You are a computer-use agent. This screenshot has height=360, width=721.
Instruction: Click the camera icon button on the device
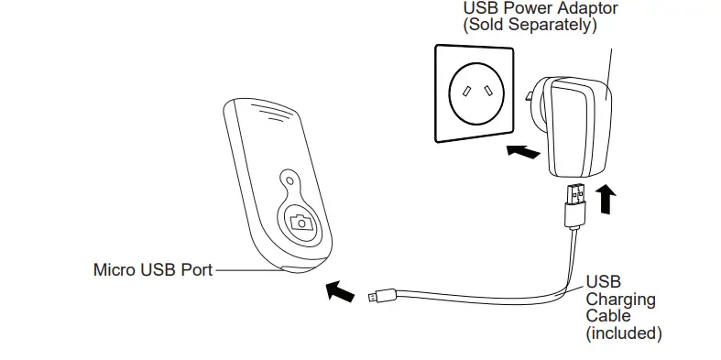[298, 221]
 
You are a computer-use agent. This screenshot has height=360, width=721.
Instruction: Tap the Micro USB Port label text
[152, 270]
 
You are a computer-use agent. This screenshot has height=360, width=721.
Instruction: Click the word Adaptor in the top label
[586, 8]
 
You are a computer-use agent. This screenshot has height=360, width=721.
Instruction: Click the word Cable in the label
[608, 316]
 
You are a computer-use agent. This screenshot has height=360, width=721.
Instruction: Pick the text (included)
[623, 333]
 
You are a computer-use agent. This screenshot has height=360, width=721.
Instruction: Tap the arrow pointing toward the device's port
[340, 291]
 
